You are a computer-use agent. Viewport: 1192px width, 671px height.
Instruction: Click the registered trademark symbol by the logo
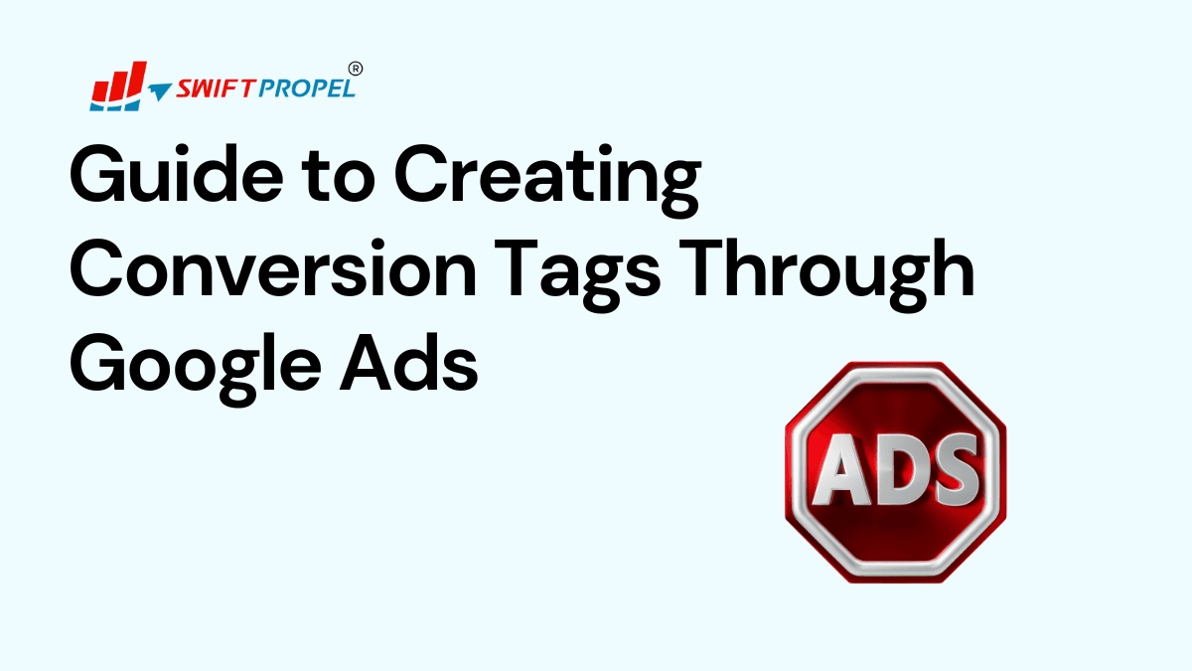point(357,69)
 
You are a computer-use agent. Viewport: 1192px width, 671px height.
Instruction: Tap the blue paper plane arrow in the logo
point(159,91)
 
